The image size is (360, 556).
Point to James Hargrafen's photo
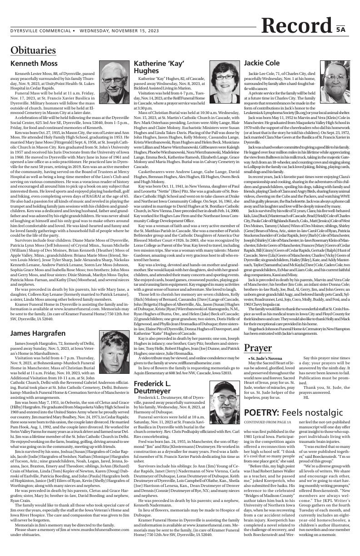113,337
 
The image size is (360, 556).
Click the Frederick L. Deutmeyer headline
158,387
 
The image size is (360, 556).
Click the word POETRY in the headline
261,412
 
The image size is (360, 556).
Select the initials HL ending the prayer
306,397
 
